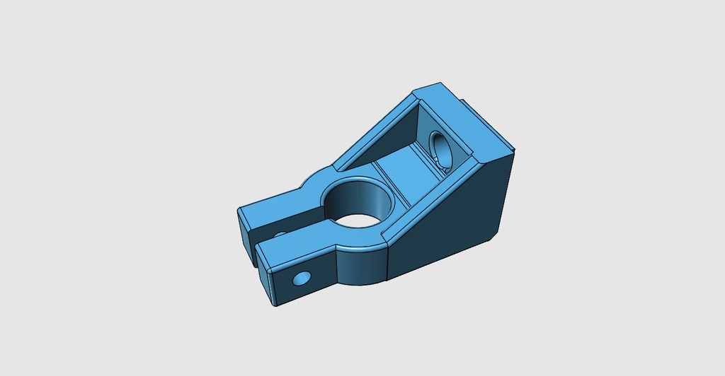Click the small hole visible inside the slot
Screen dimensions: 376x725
click(279, 234)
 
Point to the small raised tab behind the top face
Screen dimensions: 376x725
click(470, 107)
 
